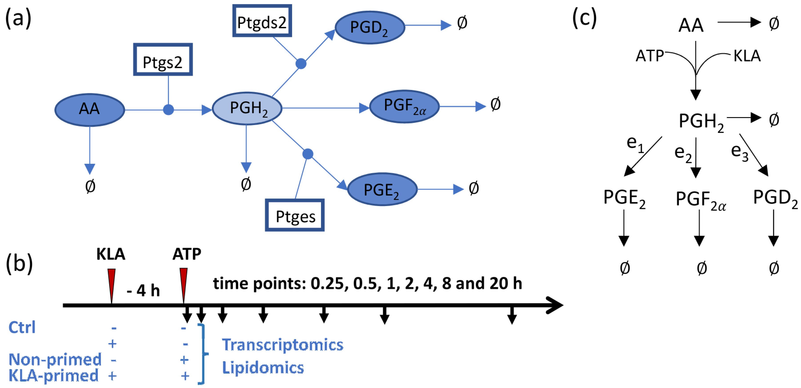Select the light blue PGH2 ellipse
click(247, 108)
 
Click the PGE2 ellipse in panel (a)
click(382, 189)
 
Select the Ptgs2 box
click(163, 60)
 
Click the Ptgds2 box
click(262, 21)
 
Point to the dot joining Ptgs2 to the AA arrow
click(168, 110)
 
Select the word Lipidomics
click(263, 368)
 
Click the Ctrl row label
click(22, 327)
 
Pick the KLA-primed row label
click(54, 376)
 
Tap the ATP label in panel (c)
click(649, 56)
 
